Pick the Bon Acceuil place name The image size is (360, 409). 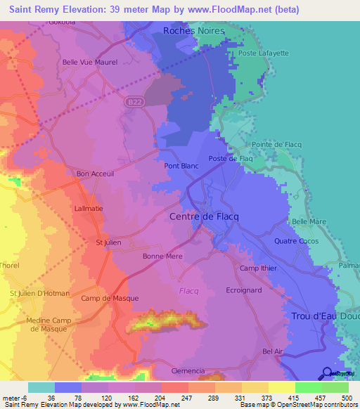click(x=94, y=174)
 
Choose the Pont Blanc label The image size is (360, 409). click(x=181, y=167)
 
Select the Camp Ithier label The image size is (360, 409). click(x=258, y=268)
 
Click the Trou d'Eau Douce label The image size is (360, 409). click(x=324, y=316)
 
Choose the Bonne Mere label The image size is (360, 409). click(x=162, y=257)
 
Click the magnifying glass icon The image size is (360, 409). click(x=327, y=373)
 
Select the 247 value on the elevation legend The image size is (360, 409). click(x=174, y=396)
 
